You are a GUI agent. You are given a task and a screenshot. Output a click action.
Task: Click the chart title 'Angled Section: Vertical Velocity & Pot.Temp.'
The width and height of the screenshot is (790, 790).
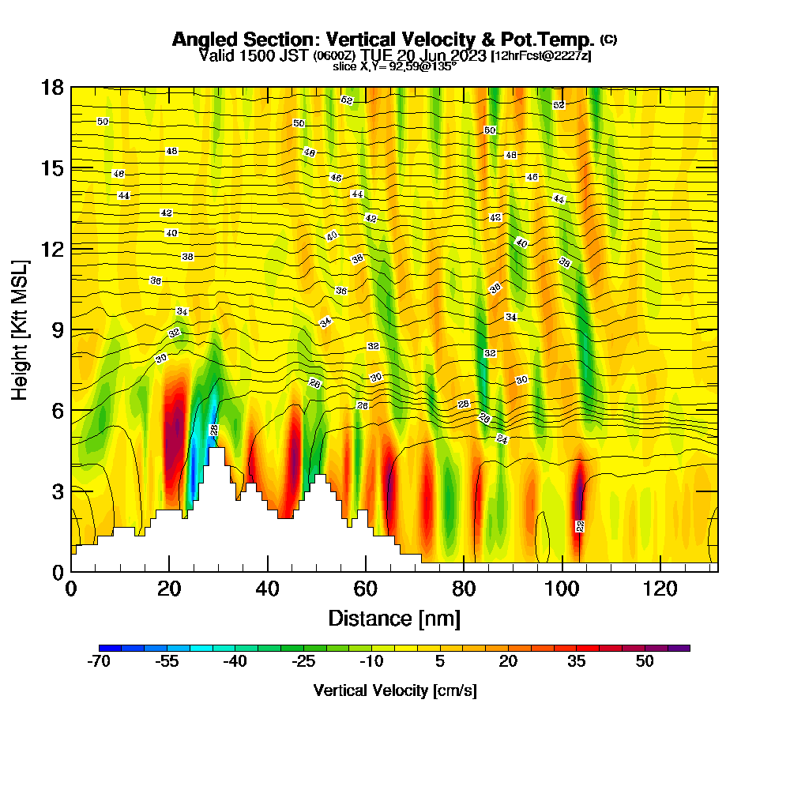coord(383,39)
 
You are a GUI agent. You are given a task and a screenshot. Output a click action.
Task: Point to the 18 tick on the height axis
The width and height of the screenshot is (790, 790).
coord(54,87)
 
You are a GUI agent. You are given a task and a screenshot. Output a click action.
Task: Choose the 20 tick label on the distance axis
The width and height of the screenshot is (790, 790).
coord(169,588)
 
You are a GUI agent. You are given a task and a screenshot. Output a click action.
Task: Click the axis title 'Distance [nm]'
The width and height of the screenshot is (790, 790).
coord(394,618)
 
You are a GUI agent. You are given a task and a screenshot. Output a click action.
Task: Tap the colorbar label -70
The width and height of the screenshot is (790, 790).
coord(98,662)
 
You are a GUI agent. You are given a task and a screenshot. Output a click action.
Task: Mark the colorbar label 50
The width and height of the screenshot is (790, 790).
coord(645,662)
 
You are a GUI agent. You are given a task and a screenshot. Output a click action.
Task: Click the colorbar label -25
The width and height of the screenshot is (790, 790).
coord(303,662)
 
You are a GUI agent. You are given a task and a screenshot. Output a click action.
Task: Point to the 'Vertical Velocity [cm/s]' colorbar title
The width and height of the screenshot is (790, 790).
coord(394,690)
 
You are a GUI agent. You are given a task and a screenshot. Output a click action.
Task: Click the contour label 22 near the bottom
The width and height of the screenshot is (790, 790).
coord(580,526)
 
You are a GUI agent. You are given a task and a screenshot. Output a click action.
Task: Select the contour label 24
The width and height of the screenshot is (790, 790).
coord(502,438)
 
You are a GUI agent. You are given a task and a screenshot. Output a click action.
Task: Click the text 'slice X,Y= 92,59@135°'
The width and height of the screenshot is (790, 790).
coord(394,67)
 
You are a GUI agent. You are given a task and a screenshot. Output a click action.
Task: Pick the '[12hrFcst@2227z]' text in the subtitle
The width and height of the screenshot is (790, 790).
coord(541,56)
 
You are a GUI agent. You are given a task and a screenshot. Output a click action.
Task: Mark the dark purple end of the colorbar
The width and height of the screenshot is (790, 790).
coord(684,648)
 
